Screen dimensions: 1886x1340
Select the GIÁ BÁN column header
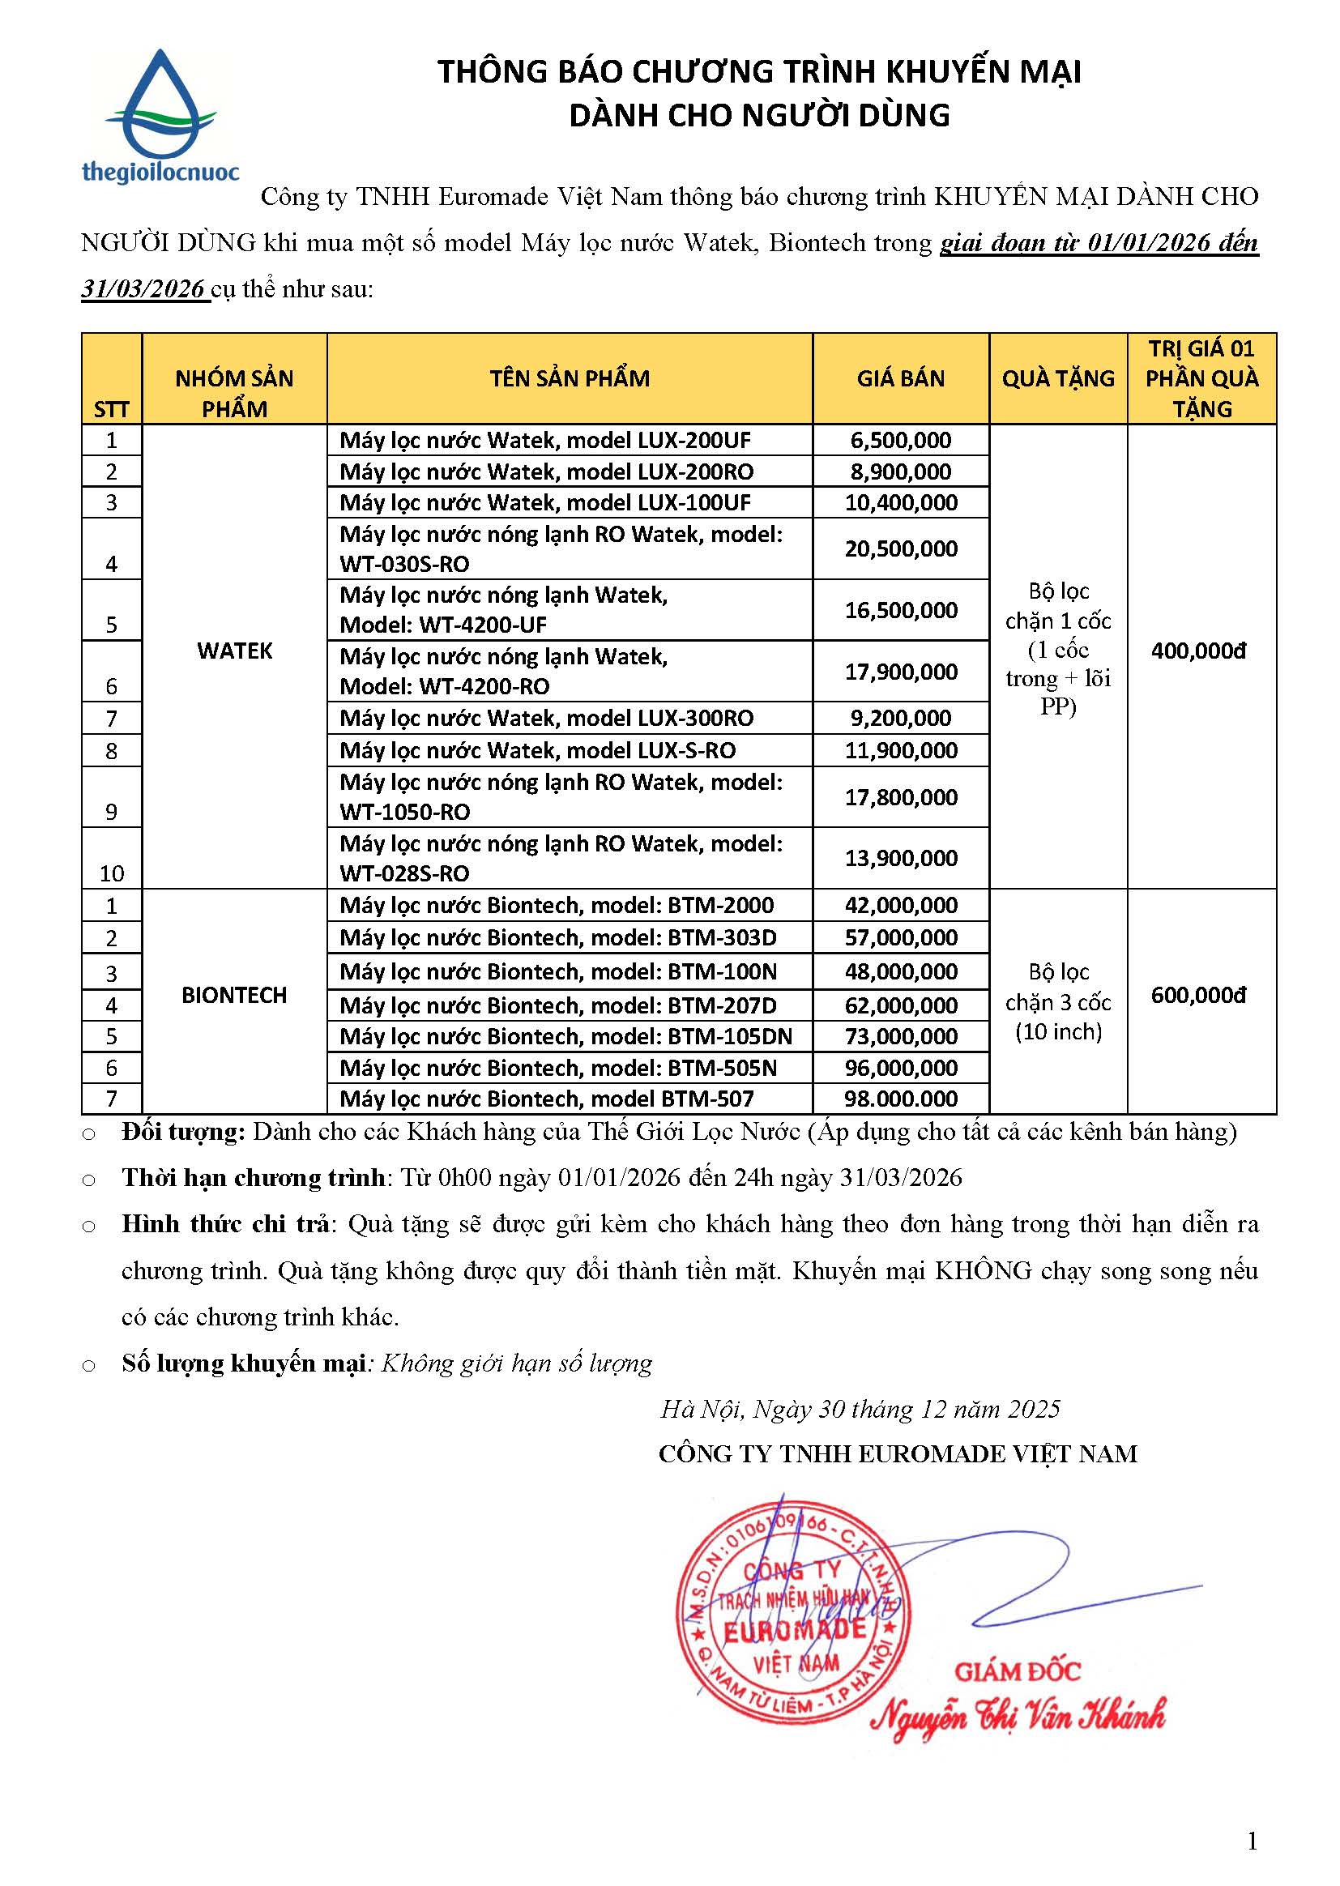[900, 378]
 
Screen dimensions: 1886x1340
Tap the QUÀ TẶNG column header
[1058, 378]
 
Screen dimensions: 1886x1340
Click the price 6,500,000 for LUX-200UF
[900, 441]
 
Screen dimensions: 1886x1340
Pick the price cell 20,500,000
[900, 548]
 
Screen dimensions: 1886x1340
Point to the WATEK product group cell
[234, 651]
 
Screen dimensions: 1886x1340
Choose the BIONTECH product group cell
[234, 995]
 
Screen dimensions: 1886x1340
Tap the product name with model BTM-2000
[557, 906]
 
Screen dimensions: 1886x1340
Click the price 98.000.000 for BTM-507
[900, 1099]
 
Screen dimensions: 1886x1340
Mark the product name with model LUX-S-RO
[537, 751]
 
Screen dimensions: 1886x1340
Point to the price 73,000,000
[900, 1036]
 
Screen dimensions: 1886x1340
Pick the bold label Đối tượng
[183, 1132]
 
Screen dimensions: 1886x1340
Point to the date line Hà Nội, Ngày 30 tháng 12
[859, 1409]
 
